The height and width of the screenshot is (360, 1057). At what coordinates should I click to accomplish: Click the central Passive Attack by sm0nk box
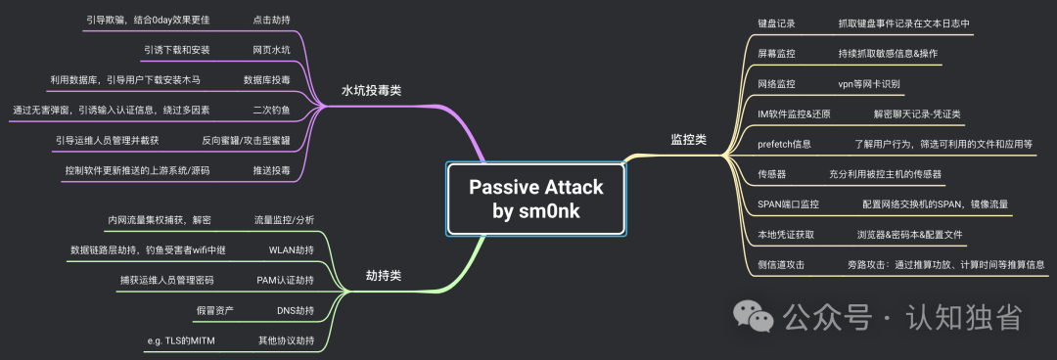pos(536,199)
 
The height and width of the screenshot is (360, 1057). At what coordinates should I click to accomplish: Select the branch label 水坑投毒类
pos(372,90)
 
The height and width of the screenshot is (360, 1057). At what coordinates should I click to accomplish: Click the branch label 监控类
pos(688,140)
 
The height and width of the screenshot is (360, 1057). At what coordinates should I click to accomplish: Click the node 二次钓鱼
pos(272,110)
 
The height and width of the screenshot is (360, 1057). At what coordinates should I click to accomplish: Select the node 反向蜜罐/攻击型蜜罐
pos(246,141)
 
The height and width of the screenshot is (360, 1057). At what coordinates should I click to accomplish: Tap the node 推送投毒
pos(272,170)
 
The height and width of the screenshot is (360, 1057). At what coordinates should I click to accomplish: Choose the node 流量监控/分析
pos(284,220)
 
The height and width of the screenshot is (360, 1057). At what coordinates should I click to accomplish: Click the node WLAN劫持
pos(292,250)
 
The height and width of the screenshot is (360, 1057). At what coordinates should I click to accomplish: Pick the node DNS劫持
pos(296,311)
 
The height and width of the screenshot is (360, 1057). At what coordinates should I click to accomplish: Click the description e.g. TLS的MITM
pos(181,341)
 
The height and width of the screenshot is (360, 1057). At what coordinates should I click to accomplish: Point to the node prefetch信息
pos(784,144)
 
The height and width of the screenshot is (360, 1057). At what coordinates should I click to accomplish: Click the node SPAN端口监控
pos(788,204)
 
